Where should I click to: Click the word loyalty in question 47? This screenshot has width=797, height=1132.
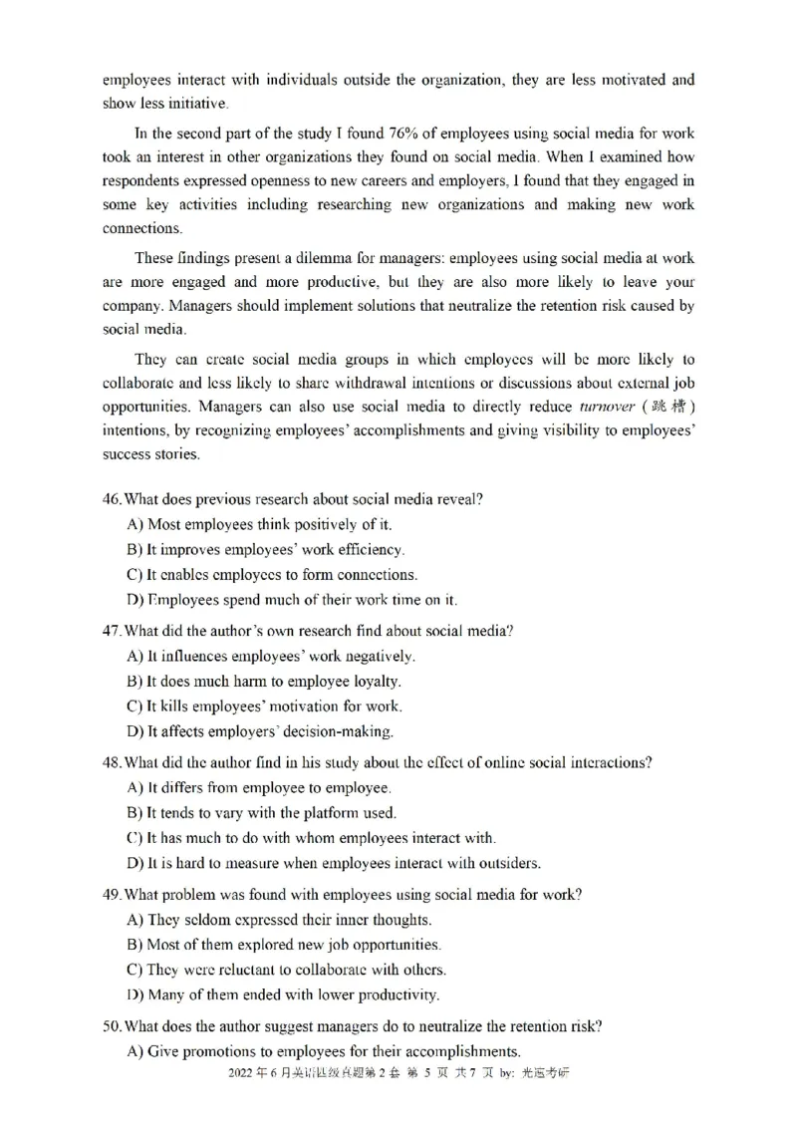tap(375, 682)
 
